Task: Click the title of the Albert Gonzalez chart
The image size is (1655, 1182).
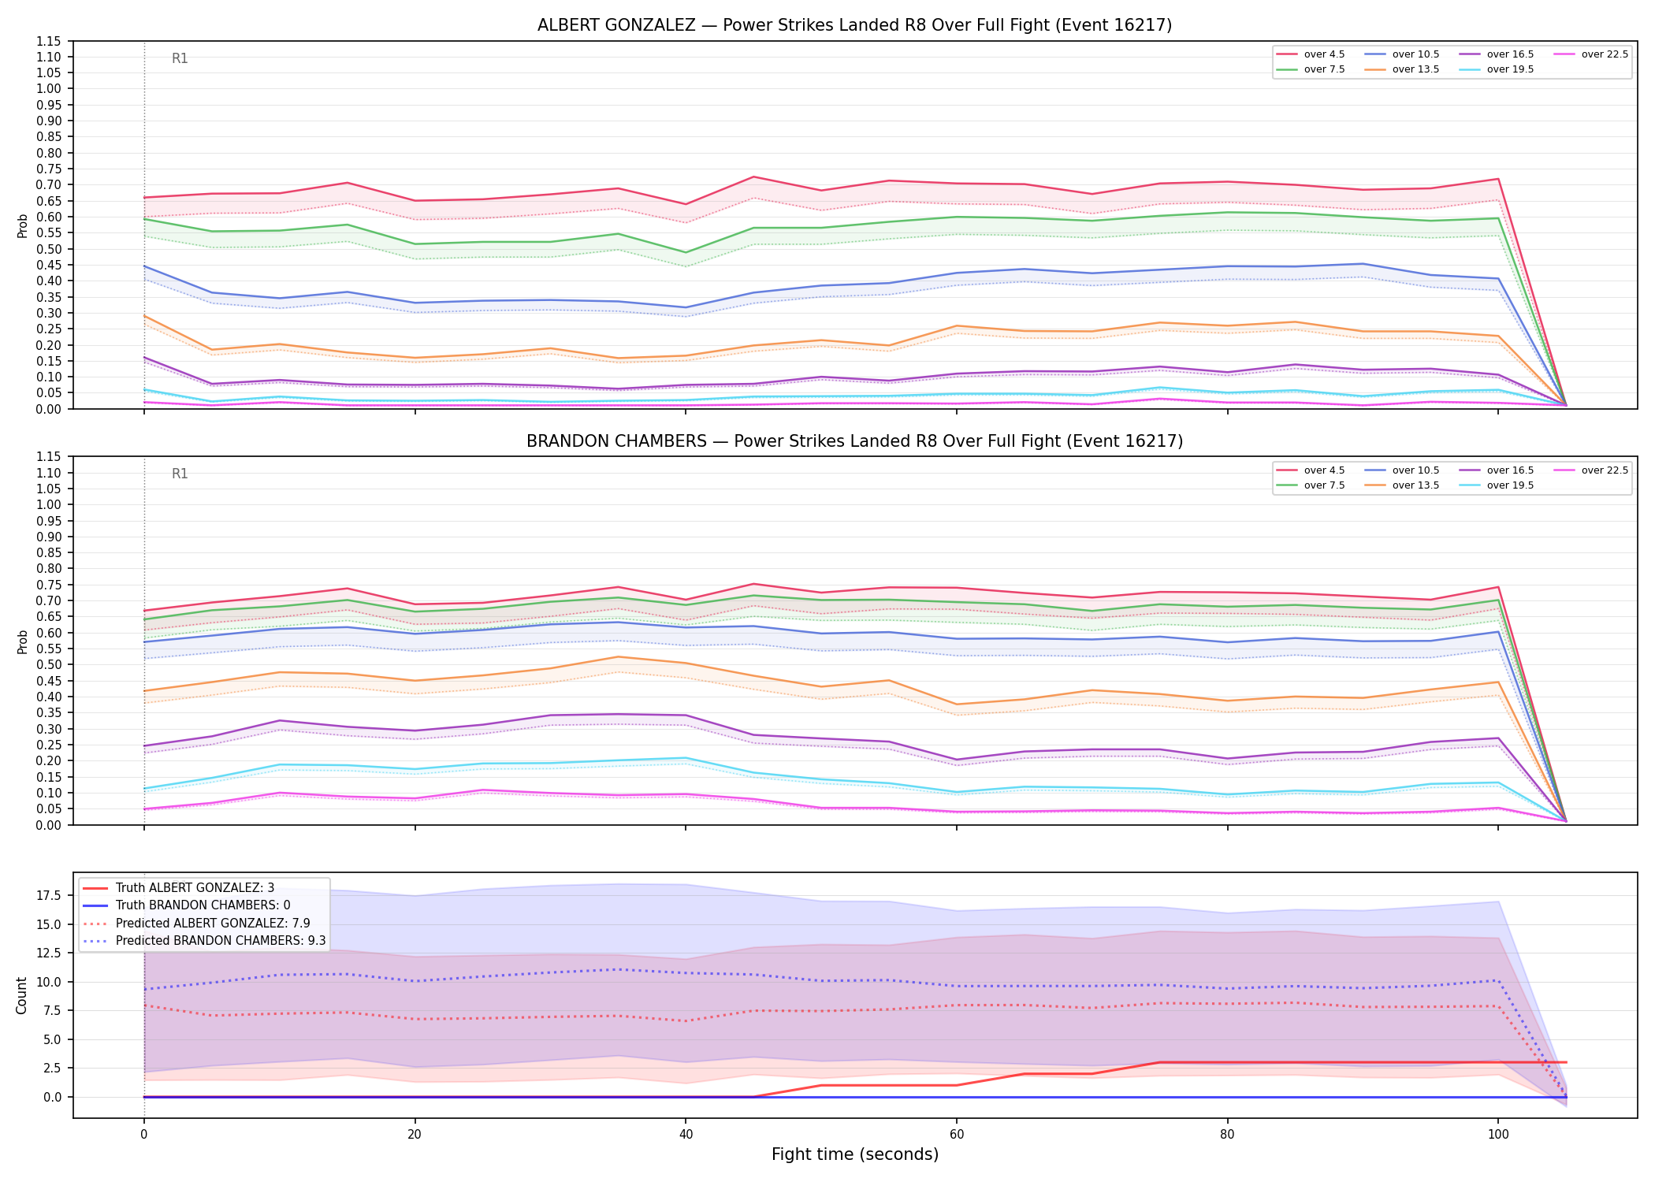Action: coord(854,25)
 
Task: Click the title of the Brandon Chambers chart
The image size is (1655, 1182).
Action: coord(854,441)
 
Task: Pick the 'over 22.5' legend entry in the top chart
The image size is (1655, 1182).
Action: coord(1590,54)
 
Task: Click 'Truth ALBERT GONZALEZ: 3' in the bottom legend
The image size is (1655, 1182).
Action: coord(179,888)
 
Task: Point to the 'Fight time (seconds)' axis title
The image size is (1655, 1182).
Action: coord(855,1154)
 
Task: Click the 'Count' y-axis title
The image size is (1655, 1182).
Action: coord(21,995)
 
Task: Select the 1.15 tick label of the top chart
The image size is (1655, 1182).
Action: coord(49,41)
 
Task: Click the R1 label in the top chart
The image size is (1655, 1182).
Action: coord(180,58)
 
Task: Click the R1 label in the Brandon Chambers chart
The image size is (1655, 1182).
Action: coord(180,474)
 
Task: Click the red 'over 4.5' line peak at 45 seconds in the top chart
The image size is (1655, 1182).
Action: coord(753,177)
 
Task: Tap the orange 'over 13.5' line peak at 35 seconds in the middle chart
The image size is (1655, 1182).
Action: coord(618,656)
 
